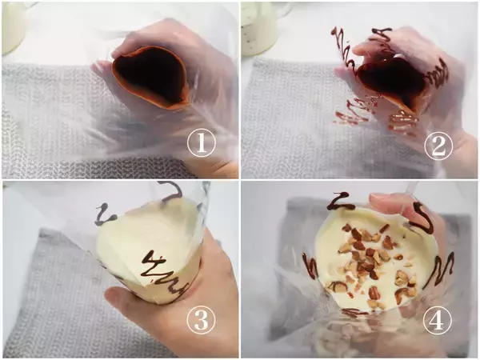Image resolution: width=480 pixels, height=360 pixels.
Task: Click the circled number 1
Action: (x=202, y=143)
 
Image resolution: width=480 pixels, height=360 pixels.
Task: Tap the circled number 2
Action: (x=438, y=146)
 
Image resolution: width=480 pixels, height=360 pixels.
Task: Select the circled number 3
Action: (x=201, y=320)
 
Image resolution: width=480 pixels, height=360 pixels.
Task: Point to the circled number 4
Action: (x=437, y=320)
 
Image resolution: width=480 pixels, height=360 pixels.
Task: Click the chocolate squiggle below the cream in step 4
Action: (x=355, y=312)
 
